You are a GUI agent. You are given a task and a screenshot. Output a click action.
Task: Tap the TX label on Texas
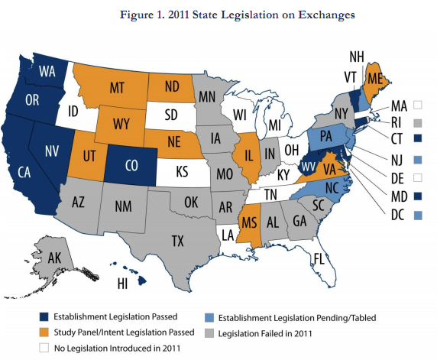[177, 241]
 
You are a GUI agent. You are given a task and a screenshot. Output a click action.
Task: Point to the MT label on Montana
[116, 89]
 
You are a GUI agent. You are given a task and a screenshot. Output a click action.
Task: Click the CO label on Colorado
[131, 165]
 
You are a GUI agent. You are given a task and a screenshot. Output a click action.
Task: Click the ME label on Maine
[375, 78]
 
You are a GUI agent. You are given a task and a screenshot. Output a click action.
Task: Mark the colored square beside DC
[417, 195]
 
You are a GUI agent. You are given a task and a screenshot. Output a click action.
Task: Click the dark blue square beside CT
[417, 138]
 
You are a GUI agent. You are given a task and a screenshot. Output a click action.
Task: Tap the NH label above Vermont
[356, 56]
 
